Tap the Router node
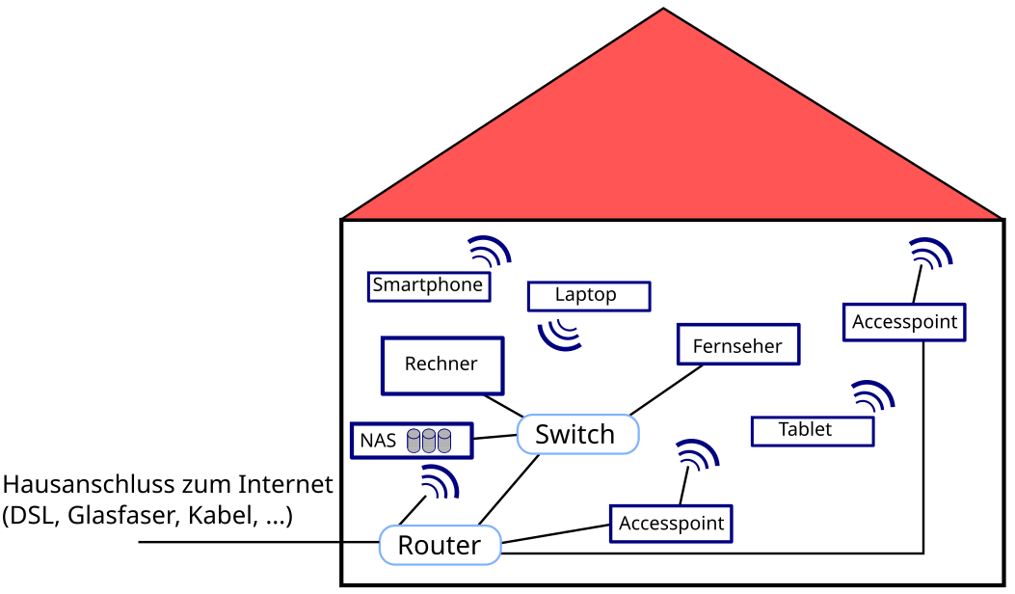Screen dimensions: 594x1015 pyautogui.click(x=440, y=545)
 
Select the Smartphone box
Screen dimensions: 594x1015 pyautogui.click(x=428, y=285)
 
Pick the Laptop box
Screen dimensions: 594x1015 pyautogui.click(x=588, y=295)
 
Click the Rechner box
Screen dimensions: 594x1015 pyautogui.click(x=442, y=364)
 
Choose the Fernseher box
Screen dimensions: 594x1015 pyautogui.click(x=738, y=344)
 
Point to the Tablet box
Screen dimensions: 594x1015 pyautogui.click(x=812, y=430)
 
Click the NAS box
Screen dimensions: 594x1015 pyautogui.click(x=411, y=441)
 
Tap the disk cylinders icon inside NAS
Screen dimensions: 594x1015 pyautogui.click(x=429, y=441)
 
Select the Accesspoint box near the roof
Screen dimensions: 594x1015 pyautogui.click(x=904, y=322)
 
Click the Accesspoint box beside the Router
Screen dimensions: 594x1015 pyautogui.click(x=671, y=524)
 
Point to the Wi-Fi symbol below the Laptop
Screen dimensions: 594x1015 pyautogui.click(x=560, y=332)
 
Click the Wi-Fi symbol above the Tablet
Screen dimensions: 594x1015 pyautogui.click(x=873, y=395)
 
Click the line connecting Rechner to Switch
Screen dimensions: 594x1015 pyautogui.click(x=502, y=405)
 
